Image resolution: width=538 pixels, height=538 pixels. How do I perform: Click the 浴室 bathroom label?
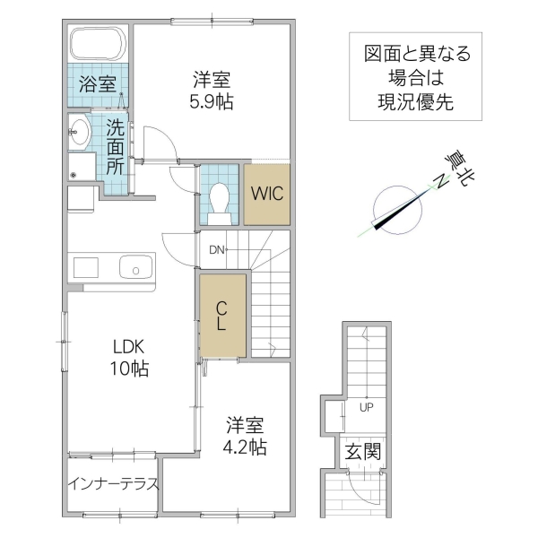(x=96, y=85)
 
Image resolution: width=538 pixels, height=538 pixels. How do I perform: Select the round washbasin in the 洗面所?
(x=79, y=133)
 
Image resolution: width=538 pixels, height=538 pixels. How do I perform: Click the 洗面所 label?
(x=115, y=145)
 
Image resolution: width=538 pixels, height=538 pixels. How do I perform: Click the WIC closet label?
(x=267, y=194)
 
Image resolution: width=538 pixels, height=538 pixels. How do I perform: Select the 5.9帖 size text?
(x=212, y=102)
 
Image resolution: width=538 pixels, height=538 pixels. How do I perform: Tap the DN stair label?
(x=217, y=250)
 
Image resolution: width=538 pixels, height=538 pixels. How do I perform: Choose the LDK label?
(x=128, y=347)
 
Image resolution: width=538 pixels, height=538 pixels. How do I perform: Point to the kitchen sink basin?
(x=136, y=266)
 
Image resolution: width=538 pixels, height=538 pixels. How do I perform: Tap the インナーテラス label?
(x=113, y=485)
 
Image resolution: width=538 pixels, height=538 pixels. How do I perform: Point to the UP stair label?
(x=366, y=405)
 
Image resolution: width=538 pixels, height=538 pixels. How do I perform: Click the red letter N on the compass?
(x=441, y=182)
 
